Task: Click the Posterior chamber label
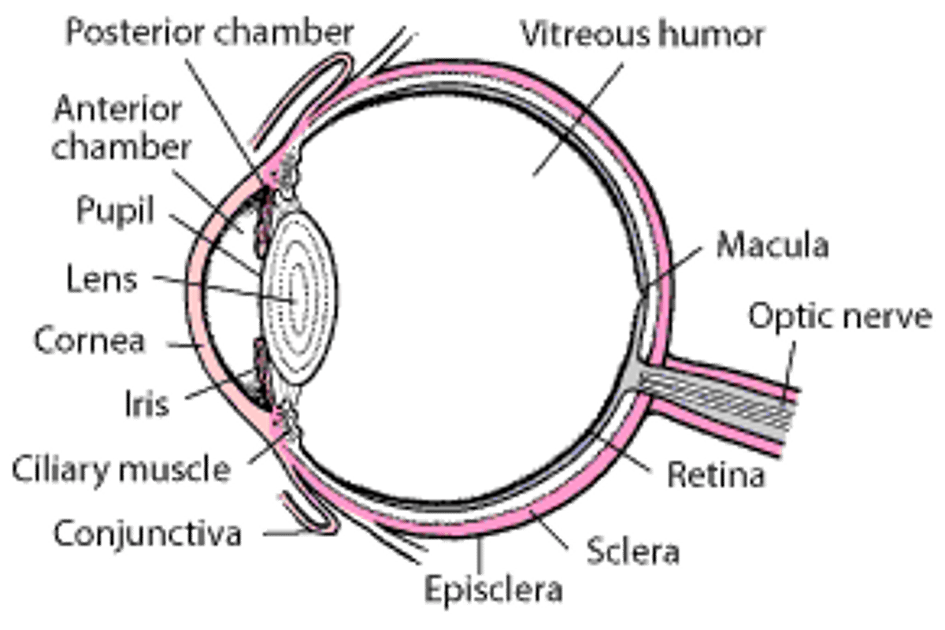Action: (x=209, y=33)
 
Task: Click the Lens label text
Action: (x=102, y=279)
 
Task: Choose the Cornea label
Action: (x=87, y=341)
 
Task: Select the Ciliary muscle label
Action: (x=121, y=469)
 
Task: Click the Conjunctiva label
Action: (x=146, y=533)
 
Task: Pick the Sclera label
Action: (x=632, y=550)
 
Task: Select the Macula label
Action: (x=773, y=246)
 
